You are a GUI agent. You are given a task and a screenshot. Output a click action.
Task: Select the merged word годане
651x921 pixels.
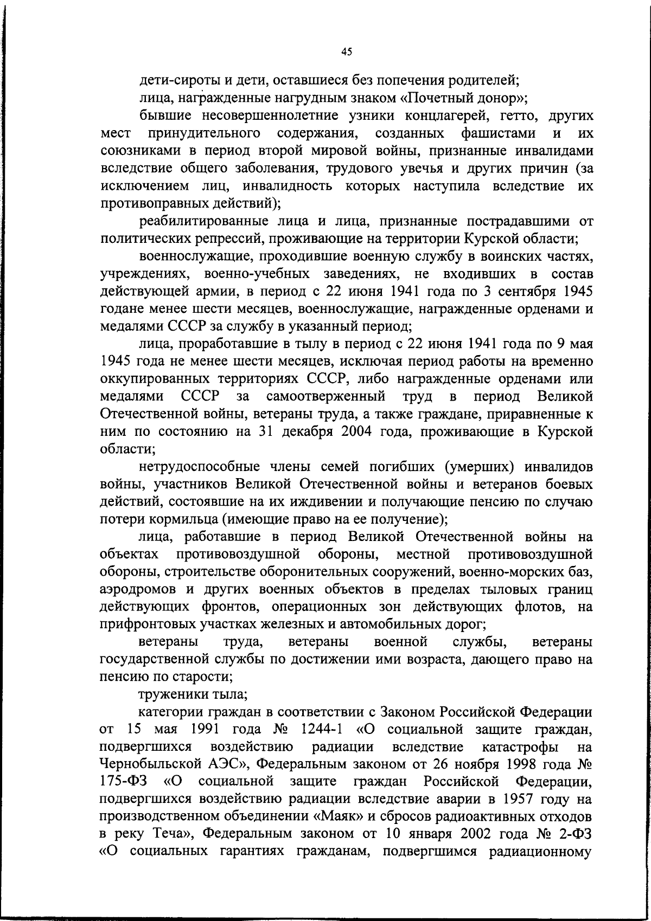click(120, 310)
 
